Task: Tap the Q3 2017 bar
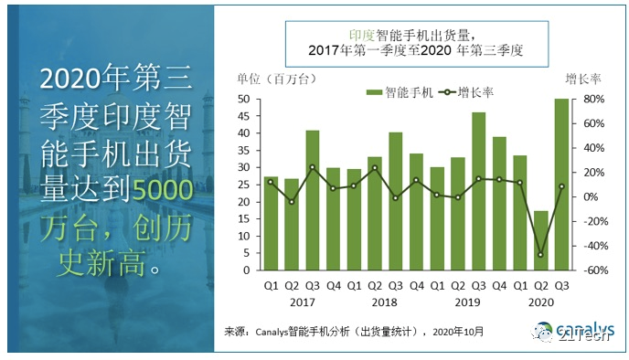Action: pyautogui.click(x=313, y=200)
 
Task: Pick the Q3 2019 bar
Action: pyautogui.click(x=479, y=191)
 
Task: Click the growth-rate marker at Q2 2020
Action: pyautogui.click(x=541, y=255)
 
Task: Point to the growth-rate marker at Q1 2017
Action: pyautogui.click(x=272, y=182)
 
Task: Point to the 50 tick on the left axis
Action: pyautogui.click(x=244, y=99)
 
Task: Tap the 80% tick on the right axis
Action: pyautogui.click(x=591, y=99)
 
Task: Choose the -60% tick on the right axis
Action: pyautogui.click(x=592, y=270)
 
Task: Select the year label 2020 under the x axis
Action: pyautogui.click(x=540, y=302)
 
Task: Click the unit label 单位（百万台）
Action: pyautogui.click(x=266, y=79)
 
